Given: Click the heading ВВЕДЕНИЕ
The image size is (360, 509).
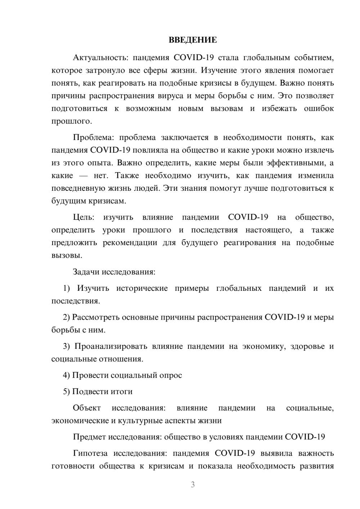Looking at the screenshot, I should pos(193,40).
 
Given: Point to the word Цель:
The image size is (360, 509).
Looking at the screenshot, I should pos(84,217).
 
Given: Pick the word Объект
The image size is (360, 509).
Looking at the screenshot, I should pos(87,408).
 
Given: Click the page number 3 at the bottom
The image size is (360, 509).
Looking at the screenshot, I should pos(193,485).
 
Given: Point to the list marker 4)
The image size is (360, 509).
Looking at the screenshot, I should pos(67,375).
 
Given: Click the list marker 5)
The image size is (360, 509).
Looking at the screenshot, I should pos(67,392).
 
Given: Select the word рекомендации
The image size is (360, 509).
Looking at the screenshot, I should pos(130,243).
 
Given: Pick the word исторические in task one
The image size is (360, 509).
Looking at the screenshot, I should pos(142,288).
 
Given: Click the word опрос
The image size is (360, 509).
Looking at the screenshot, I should pos(170,375).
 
